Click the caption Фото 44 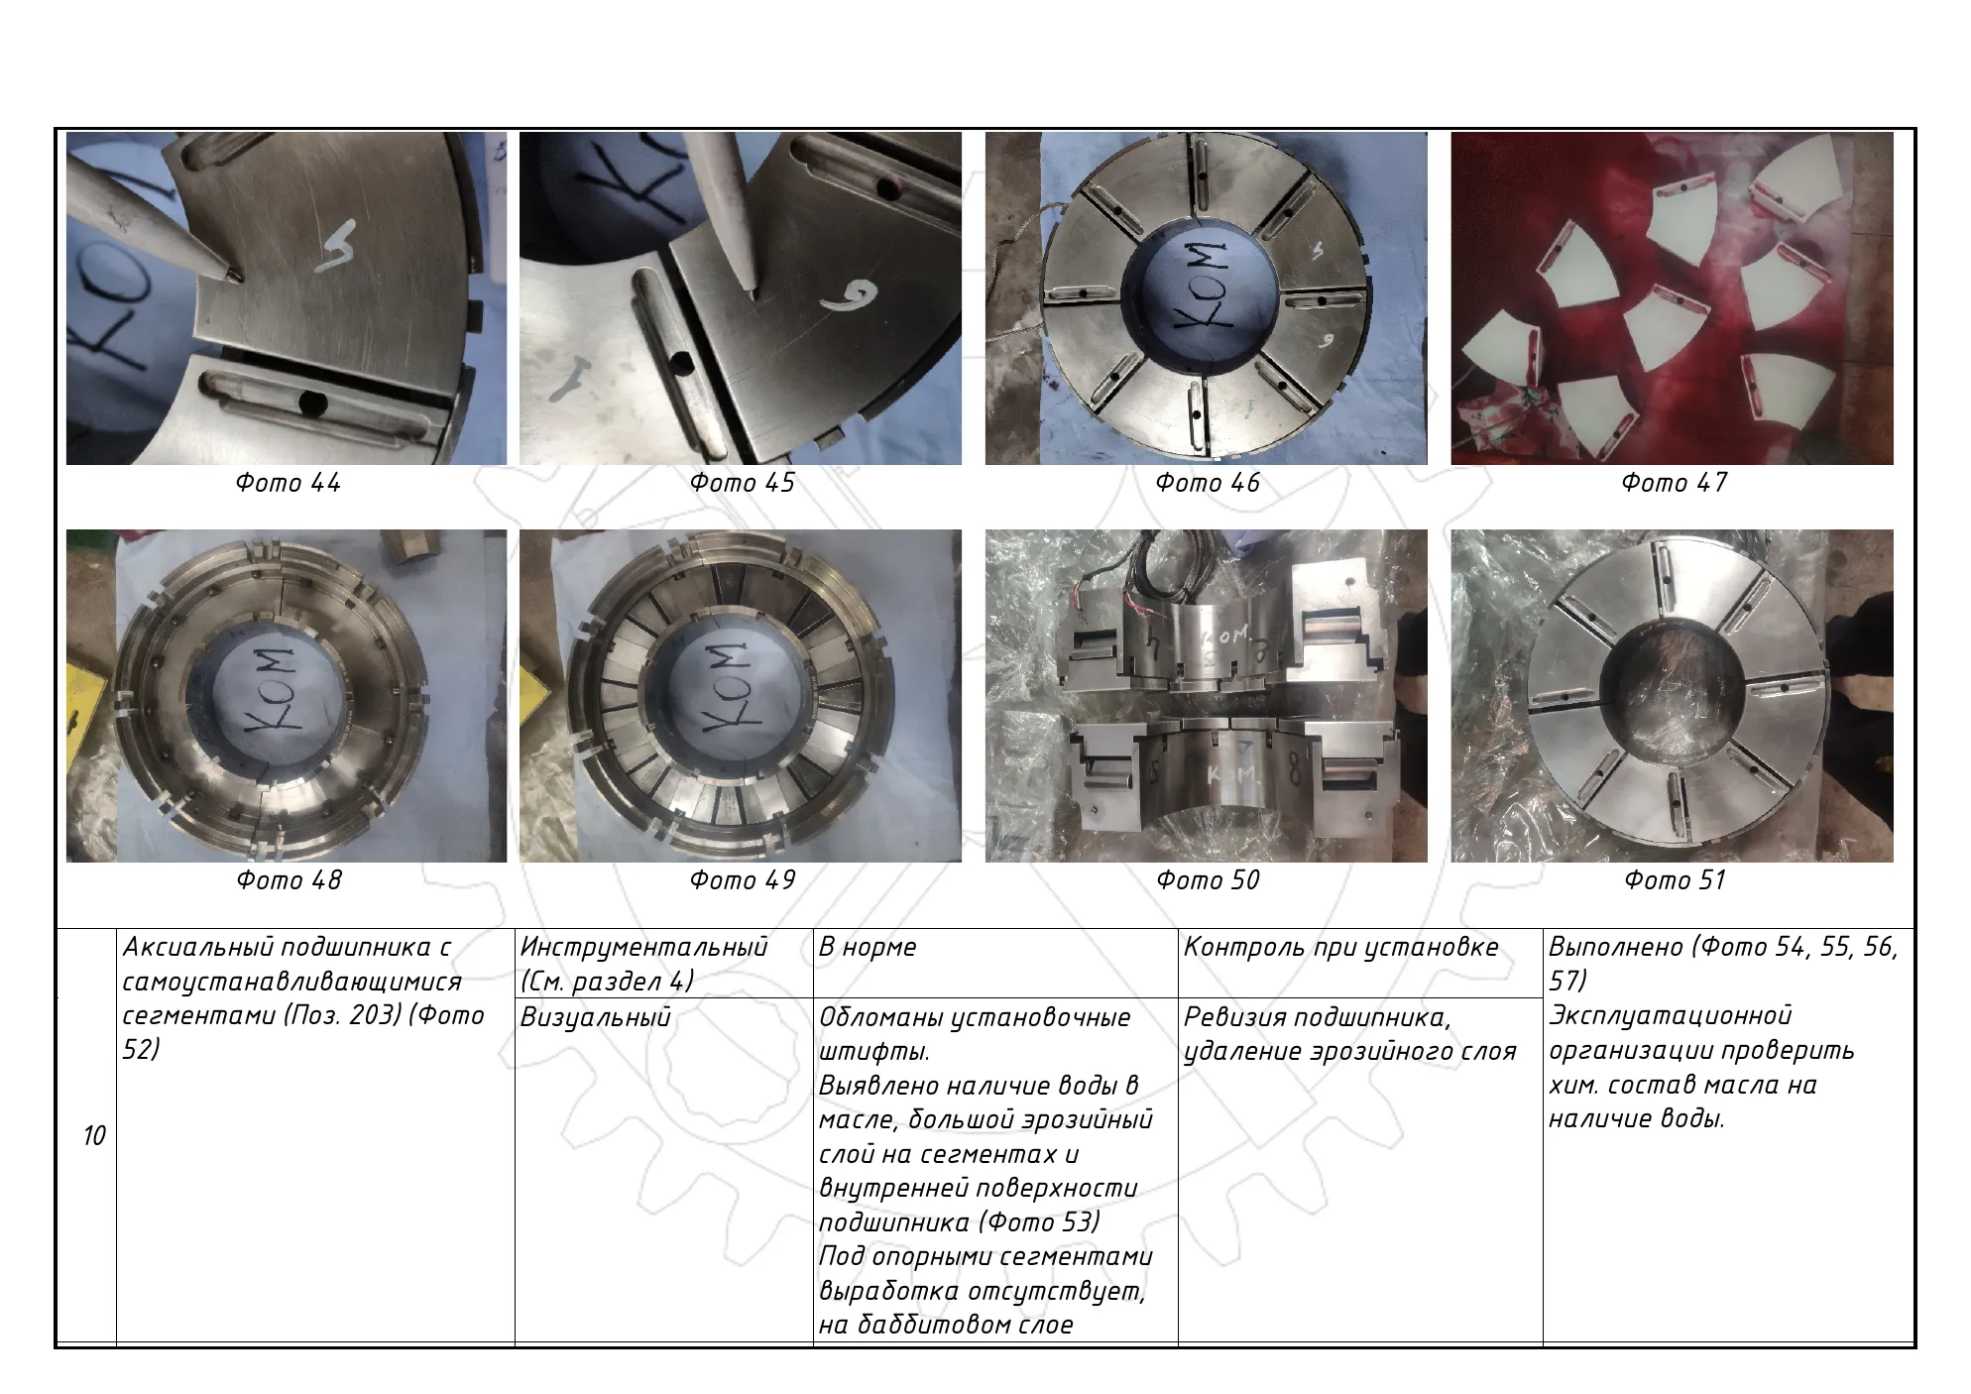coord(288,483)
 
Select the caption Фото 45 coord(742,483)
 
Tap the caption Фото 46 coord(1208,483)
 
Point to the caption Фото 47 coord(1674,483)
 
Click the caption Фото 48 coord(289,880)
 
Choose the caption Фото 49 coord(742,880)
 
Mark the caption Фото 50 coord(1208,880)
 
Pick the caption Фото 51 coord(1675,880)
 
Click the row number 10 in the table coord(94,1136)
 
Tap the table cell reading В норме coord(868,948)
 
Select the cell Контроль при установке coord(1340,948)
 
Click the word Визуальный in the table coord(595,1017)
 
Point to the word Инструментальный coord(643,948)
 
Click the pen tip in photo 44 coord(234,277)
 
